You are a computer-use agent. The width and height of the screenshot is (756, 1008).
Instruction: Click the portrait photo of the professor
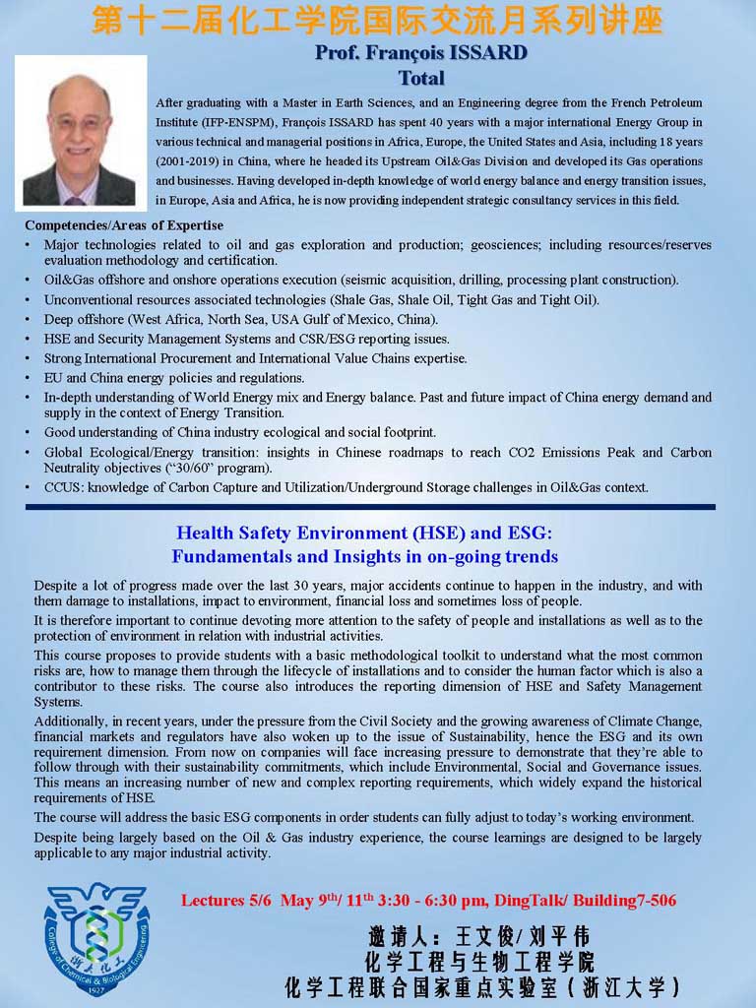tap(80, 131)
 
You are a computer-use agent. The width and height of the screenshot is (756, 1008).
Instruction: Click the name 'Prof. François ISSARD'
tap(420, 53)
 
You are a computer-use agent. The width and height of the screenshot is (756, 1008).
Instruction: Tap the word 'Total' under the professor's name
tap(421, 78)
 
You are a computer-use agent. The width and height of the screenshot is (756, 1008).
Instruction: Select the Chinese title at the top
tap(377, 22)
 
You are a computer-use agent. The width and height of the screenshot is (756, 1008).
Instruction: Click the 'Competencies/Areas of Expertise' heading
tap(124, 225)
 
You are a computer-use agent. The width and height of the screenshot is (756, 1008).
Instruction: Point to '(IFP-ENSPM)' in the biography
tap(192, 122)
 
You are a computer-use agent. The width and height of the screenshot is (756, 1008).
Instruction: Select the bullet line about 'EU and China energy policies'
tap(174, 378)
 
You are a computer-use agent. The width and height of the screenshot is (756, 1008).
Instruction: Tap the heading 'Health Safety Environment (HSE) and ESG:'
tap(364, 533)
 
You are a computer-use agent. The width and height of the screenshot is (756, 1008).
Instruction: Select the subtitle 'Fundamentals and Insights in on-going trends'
tap(364, 556)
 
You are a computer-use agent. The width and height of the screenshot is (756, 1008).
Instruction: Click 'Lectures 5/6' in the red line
tap(227, 900)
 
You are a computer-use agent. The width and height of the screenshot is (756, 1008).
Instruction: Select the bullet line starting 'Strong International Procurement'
tap(256, 358)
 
